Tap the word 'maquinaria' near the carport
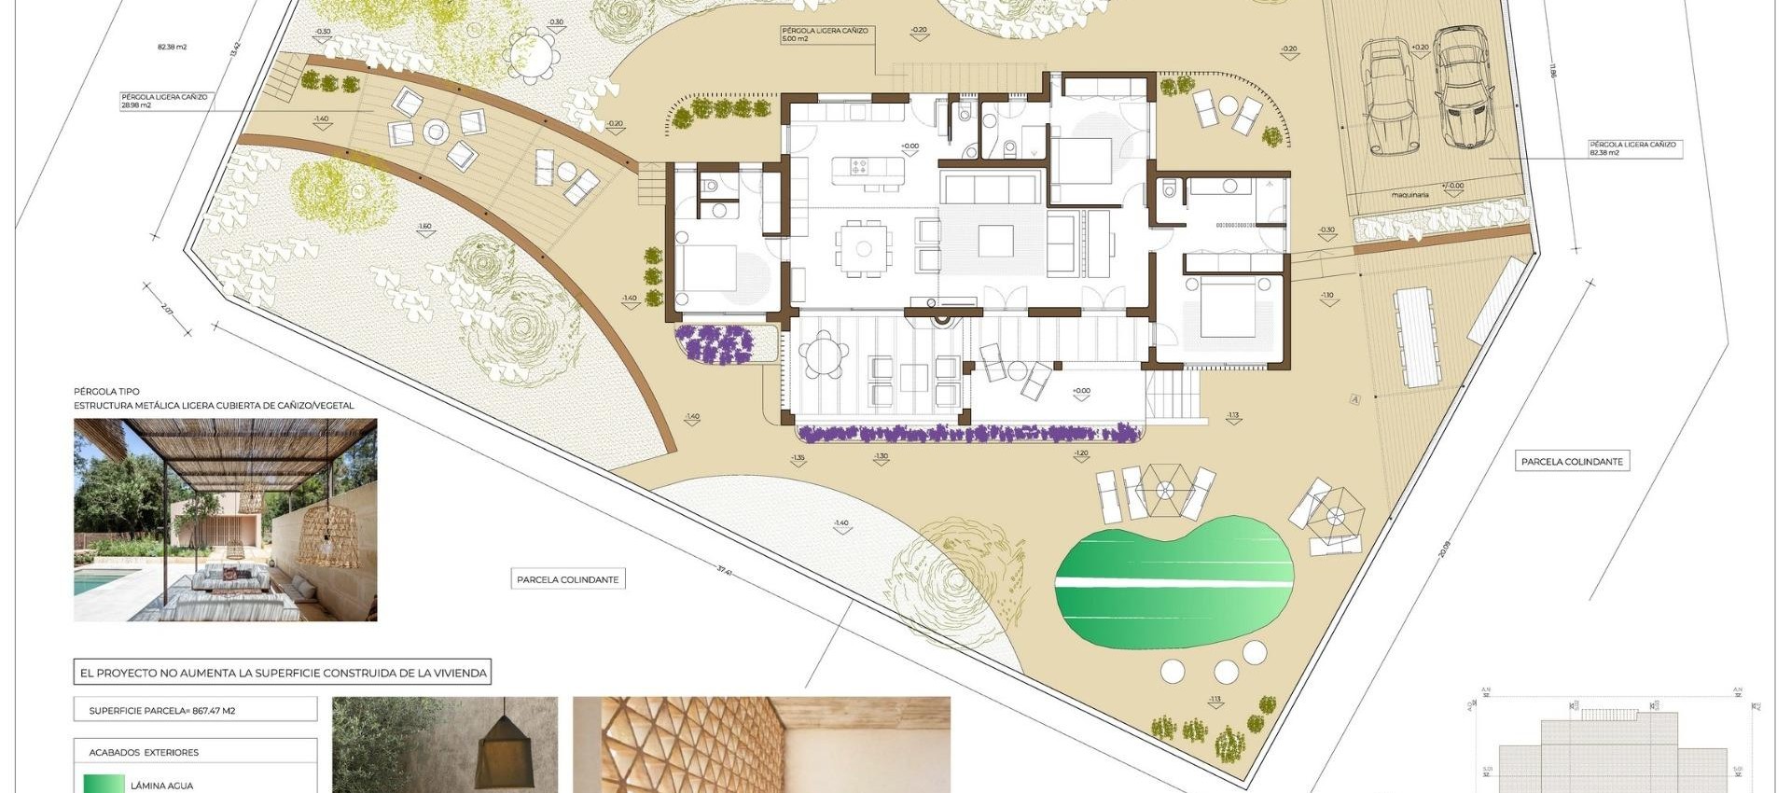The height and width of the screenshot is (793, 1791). (1409, 195)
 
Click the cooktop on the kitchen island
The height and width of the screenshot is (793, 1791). (859, 167)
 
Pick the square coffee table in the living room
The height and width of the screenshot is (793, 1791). (995, 241)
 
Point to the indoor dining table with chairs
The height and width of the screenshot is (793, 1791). (864, 249)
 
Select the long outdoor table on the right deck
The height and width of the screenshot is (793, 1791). (1417, 336)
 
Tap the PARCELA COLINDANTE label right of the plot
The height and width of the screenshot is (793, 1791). (1572, 462)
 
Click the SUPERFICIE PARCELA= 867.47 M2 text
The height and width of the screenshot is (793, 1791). (162, 711)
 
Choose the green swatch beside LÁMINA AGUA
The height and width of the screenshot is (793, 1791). (103, 785)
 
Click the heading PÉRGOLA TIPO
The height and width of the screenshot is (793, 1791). (106, 393)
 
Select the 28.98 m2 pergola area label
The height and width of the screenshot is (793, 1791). (136, 105)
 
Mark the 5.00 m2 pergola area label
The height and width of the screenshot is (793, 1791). (795, 39)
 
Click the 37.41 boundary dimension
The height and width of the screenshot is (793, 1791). (725, 570)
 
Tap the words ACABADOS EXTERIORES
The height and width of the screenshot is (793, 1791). (144, 752)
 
